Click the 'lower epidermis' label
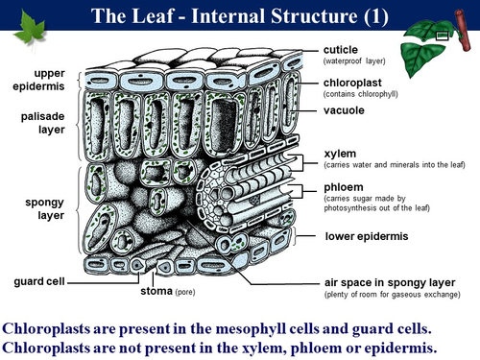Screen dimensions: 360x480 pos(366,235)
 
